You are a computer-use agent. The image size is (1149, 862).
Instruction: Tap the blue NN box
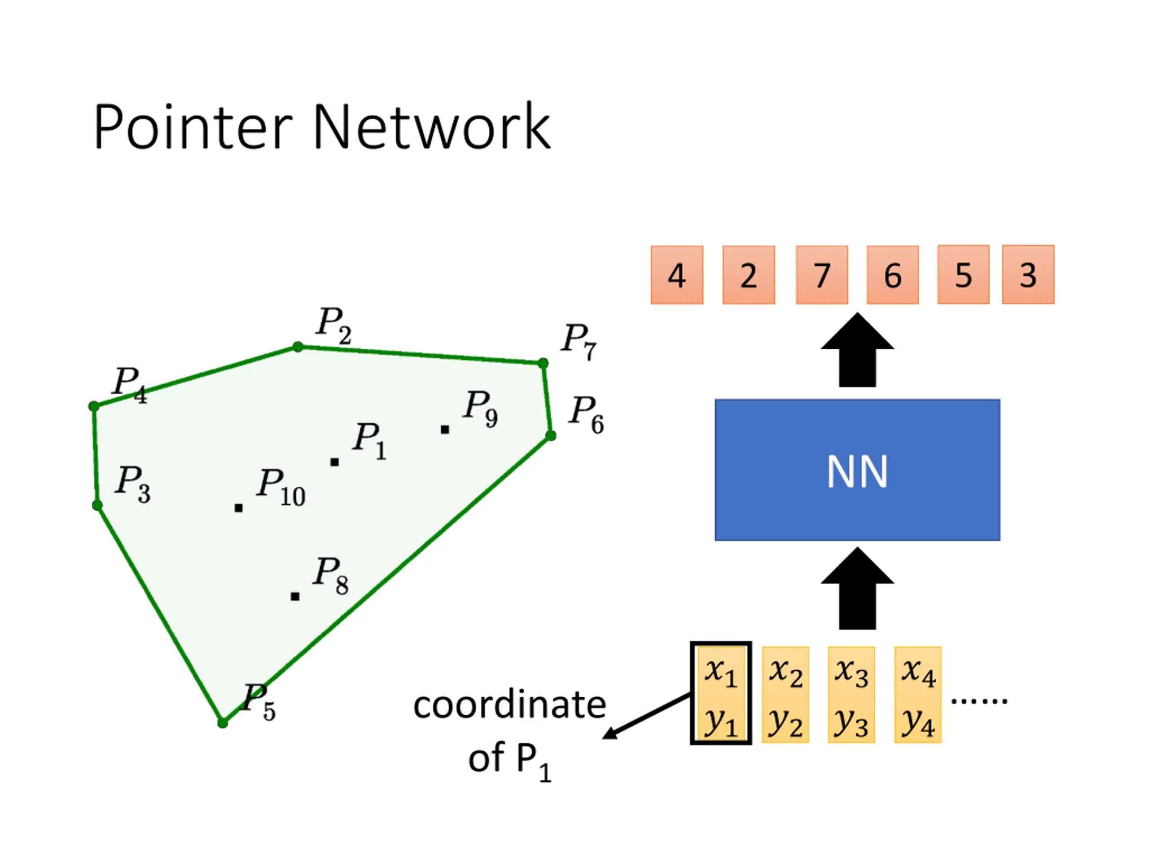tap(857, 470)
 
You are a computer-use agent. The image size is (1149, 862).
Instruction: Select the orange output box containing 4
tap(677, 275)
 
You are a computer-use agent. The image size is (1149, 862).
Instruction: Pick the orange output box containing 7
tap(822, 275)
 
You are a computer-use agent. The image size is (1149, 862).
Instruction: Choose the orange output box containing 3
tap(1028, 274)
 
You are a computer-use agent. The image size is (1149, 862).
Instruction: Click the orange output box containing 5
tap(963, 274)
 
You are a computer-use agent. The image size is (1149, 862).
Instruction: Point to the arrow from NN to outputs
tap(857, 350)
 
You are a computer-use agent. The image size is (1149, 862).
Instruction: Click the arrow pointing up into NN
tap(857, 588)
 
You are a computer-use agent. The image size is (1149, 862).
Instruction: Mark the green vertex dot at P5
tap(222, 723)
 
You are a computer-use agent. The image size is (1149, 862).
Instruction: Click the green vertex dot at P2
tap(298, 347)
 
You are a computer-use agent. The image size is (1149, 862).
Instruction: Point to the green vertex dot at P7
tap(543, 363)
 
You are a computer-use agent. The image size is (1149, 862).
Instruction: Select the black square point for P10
tap(238, 508)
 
